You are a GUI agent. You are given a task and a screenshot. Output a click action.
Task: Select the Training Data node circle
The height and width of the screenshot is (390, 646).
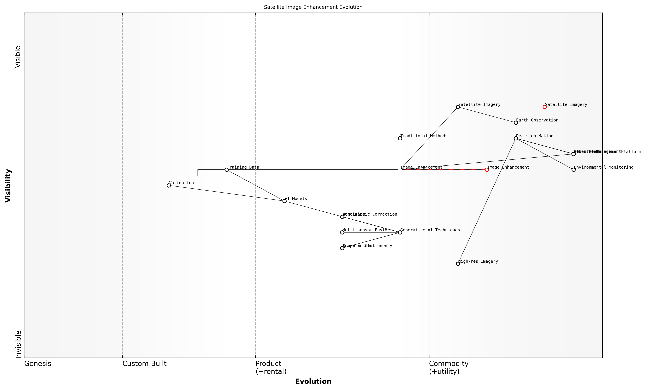coord(227,170)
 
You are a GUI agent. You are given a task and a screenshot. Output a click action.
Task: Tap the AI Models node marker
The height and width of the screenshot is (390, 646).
coord(284,201)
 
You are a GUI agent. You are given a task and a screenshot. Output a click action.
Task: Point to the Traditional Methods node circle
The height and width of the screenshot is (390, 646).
coord(400,138)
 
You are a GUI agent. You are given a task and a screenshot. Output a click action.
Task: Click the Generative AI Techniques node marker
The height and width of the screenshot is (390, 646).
coord(400,232)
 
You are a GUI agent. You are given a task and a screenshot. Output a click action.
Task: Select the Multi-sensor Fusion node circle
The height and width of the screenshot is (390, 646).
coord(342,232)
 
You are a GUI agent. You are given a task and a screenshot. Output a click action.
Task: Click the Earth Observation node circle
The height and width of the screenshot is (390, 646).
coord(516,123)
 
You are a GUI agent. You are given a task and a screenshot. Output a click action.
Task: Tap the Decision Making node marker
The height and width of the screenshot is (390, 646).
coord(516,138)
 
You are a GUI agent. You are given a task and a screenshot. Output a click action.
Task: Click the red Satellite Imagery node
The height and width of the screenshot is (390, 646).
coord(544,107)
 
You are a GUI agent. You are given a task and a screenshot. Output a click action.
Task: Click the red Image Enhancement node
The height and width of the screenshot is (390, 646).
coord(487,170)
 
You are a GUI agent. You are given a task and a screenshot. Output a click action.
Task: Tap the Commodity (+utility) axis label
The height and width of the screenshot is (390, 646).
coord(449,367)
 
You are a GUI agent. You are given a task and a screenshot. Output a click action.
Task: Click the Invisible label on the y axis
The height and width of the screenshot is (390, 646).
coord(18,344)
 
